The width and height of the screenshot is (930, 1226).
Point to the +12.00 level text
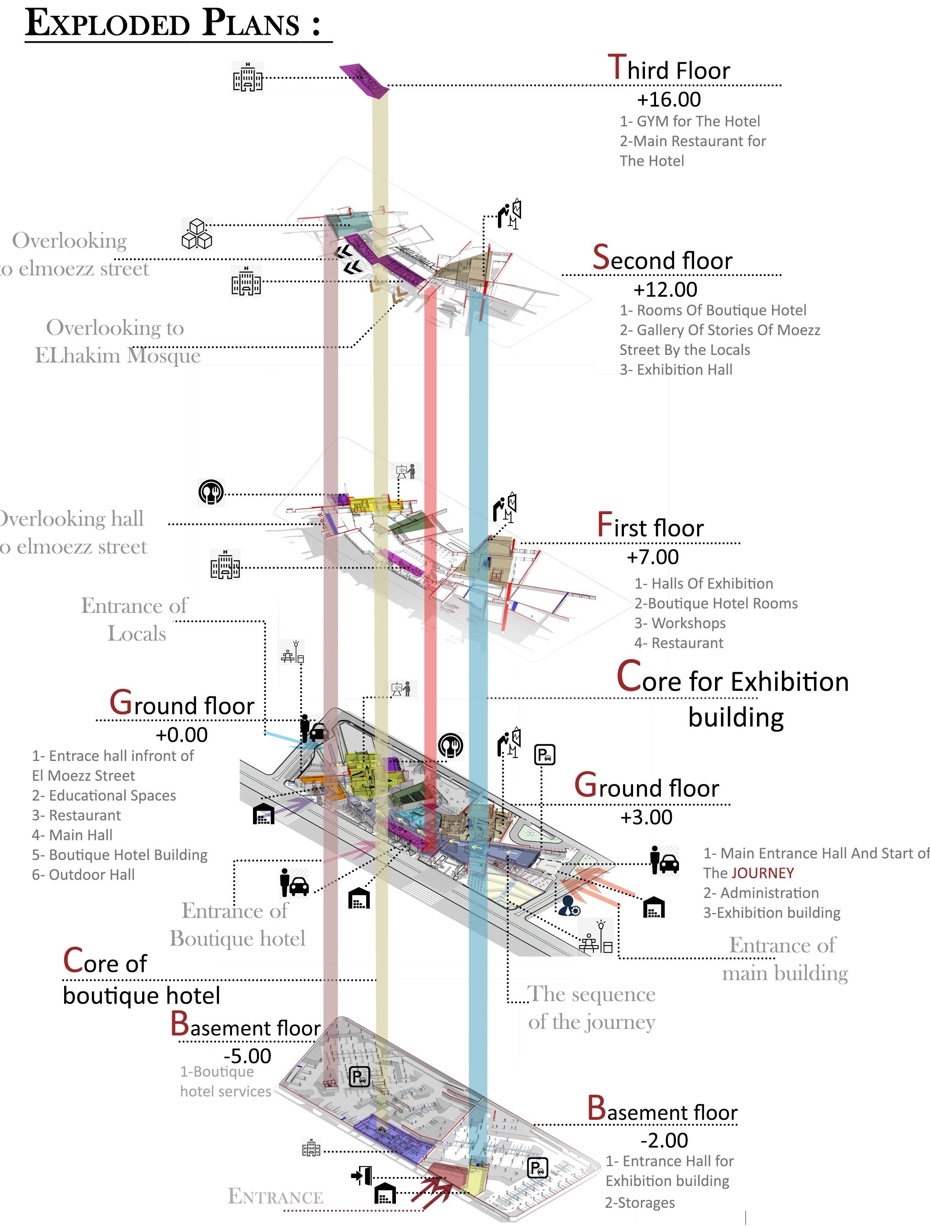point(665,289)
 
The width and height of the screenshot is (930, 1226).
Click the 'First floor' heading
point(650,526)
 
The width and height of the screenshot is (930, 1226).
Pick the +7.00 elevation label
point(652,557)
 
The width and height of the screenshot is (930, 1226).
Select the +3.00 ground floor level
point(646,817)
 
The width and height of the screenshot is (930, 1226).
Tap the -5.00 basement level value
point(247,1056)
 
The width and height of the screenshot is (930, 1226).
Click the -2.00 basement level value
point(664,1140)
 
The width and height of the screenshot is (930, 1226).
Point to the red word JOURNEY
point(762,873)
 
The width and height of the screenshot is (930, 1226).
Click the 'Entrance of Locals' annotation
point(135,619)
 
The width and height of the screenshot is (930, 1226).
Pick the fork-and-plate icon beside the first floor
point(211,492)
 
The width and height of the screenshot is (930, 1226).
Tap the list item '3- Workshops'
point(680,623)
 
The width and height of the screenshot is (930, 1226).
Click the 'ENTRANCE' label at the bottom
point(275,1197)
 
